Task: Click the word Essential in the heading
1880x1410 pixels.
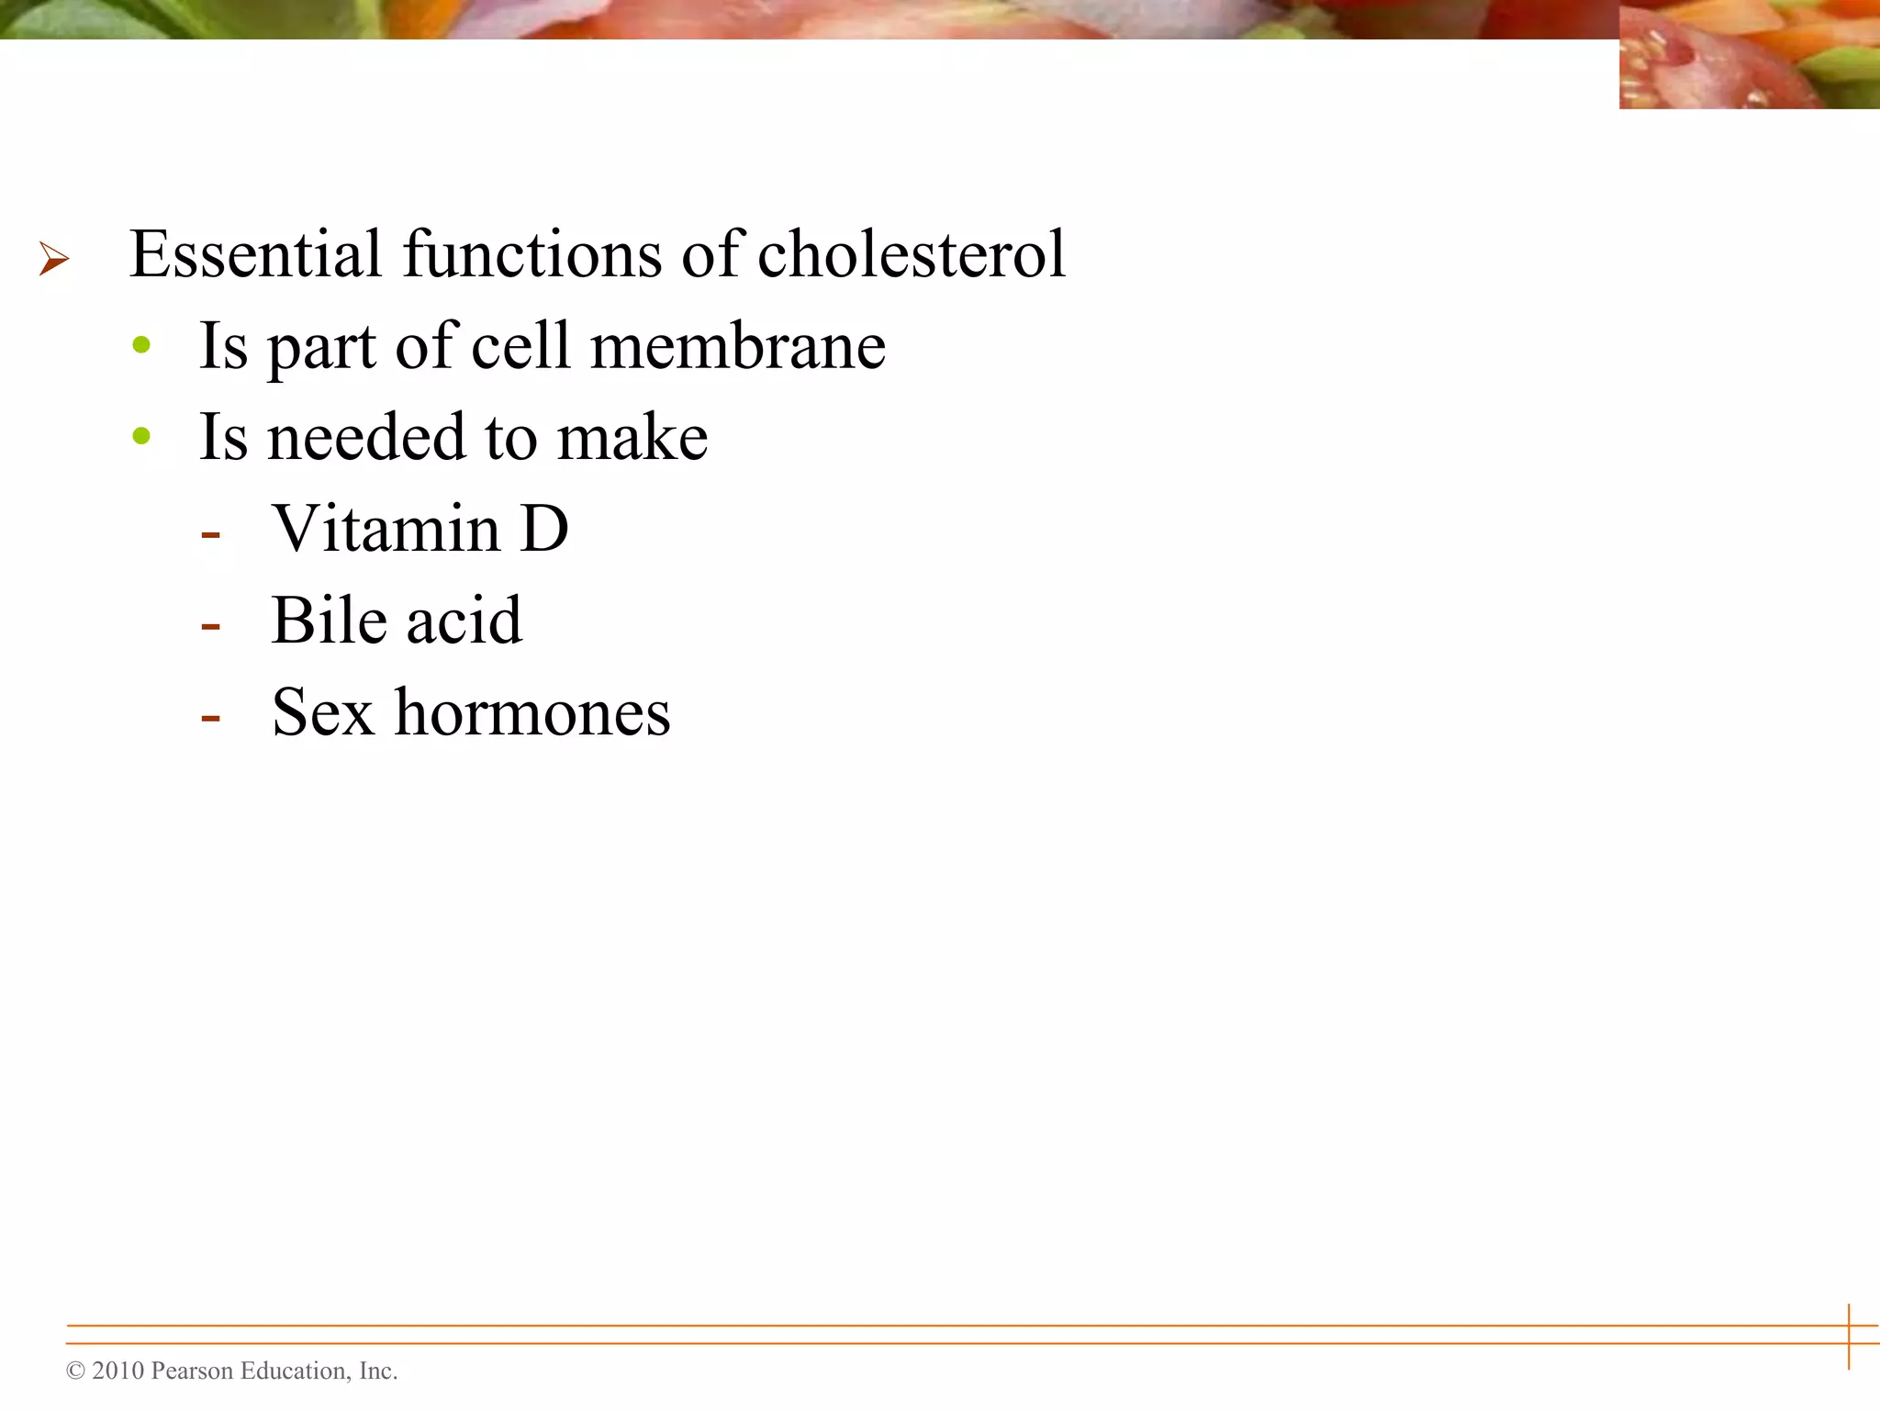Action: pyautogui.click(x=255, y=254)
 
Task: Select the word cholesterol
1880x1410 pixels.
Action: pyautogui.click(x=911, y=254)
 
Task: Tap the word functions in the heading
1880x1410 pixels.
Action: pyautogui.click(x=532, y=254)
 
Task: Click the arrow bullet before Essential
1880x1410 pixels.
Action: pyautogui.click(x=54, y=259)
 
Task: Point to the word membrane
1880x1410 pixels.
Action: pyautogui.click(x=737, y=347)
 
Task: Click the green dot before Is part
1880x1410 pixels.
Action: pyautogui.click(x=141, y=346)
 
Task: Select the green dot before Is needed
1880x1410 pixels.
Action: pyautogui.click(x=141, y=436)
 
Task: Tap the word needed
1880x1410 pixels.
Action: pyautogui.click(x=366, y=437)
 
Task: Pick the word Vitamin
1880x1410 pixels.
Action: pyautogui.click(x=386, y=530)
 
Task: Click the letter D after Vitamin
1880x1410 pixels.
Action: pyautogui.click(x=543, y=530)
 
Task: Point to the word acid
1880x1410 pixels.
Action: pyautogui.click(x=464, y=621)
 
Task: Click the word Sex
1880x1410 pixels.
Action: pyautogui.click(x=323, y=713)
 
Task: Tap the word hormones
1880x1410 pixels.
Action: pyautogui.click(x=532, y=713)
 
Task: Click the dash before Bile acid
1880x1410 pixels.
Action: pyautogui.click(x=211, y=627)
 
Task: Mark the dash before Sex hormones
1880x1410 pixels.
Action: pyautogui.click(x=211, y=719)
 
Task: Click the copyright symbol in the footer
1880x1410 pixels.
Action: pyautogui.click(x=75, y=1371)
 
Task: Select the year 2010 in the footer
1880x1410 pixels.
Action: pyautogui.click(x=118, y=1371)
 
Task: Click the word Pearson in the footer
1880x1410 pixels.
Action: pyautogui.click(x=192, y=1371)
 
